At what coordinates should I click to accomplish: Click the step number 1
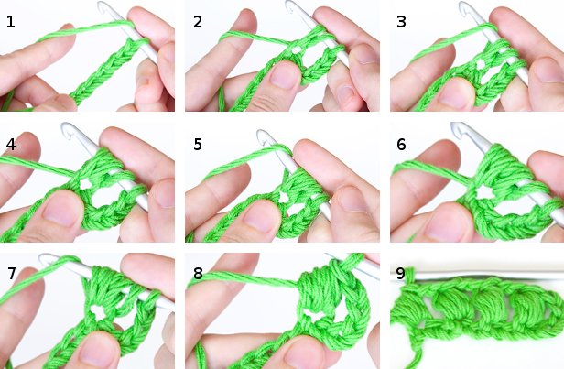coord(10,20)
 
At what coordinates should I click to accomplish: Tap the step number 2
coord(198,20)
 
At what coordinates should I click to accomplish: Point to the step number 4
coord(10,144)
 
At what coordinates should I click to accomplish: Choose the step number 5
coord(198,144)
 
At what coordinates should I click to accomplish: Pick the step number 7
coord(10,273)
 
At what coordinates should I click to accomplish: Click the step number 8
coord(198,273)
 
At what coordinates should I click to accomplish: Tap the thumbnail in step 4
coord(61,212)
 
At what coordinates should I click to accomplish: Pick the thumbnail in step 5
coord(259,215)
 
